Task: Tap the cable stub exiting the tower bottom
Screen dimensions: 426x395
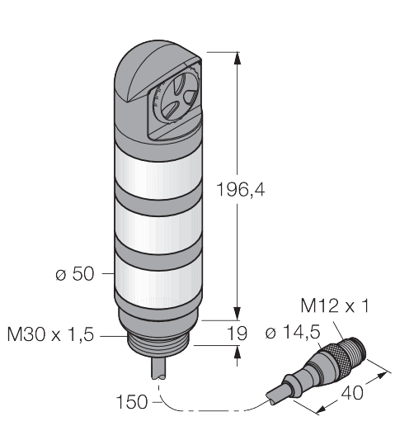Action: pyautogui.click(x=158, y=370)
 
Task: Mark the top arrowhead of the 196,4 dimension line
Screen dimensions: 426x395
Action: pyautogui.click(x=238, y=56)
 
